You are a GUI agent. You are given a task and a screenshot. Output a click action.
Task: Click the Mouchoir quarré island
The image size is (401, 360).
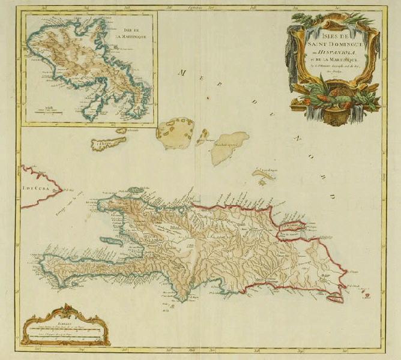pyautogui.click(x=229, y=146)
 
